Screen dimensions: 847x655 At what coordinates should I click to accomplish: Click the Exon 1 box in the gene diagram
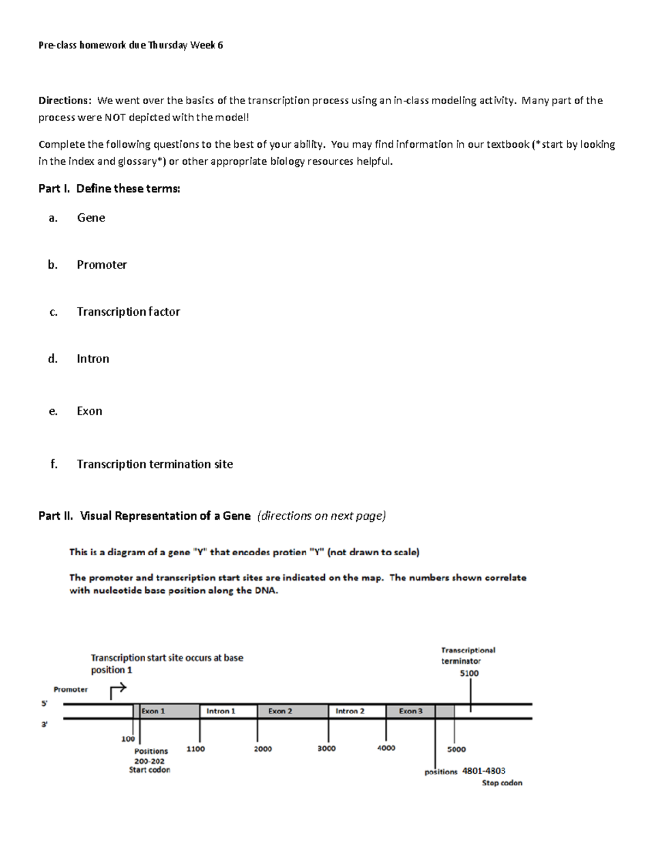[166, 711]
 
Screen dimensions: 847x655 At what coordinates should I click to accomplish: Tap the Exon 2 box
[292, 711]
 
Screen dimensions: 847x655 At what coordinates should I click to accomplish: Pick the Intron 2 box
[357, 711]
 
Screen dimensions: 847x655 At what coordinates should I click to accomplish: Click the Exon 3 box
[410, 711]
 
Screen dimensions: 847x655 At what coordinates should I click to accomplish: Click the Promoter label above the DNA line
[70, 689]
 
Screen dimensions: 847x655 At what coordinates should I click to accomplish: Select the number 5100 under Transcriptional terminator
[469, 674]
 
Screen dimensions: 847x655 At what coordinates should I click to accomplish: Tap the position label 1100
[195, 749]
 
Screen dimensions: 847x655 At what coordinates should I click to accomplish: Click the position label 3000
[326, 748]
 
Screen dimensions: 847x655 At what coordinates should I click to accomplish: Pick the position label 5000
[456, 749]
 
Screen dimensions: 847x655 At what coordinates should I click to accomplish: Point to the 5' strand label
[44, 704]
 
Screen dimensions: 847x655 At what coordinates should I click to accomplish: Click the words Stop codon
[502, 783]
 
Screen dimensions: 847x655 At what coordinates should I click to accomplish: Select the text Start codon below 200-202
[150, 770]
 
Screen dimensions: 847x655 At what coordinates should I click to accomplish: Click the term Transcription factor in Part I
[128, 311]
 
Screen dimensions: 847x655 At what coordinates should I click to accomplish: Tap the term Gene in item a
[91, 218]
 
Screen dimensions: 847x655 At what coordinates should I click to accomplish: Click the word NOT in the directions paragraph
[115, 117]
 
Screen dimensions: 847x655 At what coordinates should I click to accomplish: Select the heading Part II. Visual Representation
[145, 516]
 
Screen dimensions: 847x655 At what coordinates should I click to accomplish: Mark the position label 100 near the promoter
[128, 739]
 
